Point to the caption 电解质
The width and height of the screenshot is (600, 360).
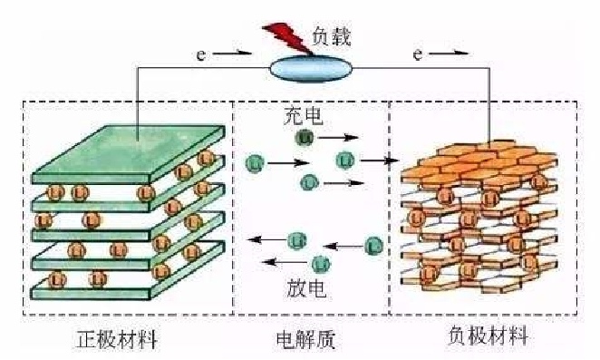point(305,340)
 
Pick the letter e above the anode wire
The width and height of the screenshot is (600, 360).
point(417,56)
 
